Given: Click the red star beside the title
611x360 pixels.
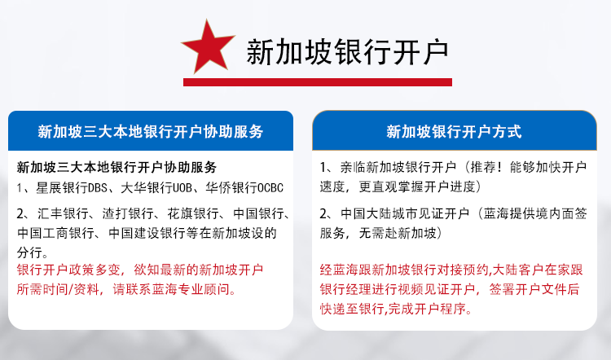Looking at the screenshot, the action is click(208, 46).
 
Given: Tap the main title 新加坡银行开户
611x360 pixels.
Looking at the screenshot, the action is click(347, 52).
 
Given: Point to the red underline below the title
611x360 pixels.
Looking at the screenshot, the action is click(318, 82).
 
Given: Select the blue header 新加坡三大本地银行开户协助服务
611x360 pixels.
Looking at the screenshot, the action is click(151, 132).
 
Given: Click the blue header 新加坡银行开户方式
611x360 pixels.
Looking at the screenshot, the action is click(454, 132).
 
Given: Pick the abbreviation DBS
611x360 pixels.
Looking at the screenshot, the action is click(98, 188).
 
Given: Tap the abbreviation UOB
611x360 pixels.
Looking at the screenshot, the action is click(182, 188).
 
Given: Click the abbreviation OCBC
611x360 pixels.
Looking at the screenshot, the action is click(270, 188).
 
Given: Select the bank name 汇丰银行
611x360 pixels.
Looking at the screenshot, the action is click(63, 213).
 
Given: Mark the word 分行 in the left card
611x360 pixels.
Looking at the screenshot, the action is click(29, 252).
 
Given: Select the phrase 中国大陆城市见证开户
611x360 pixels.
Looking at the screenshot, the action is click(405, 213).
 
